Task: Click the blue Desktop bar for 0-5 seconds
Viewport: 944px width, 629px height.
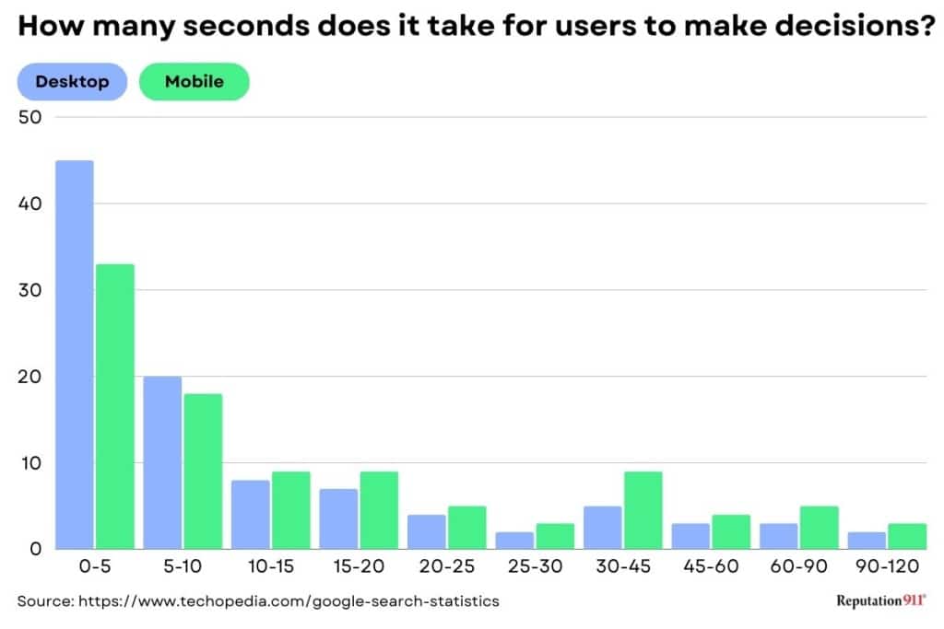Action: pyautogui.click(x=74, y=355)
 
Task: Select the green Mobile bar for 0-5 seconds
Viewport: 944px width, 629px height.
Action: pyautogui.click(x=114, y=406)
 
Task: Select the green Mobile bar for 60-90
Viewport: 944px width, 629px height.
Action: pyautogui.click(x=819, y=528)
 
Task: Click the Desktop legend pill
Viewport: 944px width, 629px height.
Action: pyautogui.click(x=72, y=82)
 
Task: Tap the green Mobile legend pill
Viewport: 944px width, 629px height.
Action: pyautogui.click(x=194, y=82)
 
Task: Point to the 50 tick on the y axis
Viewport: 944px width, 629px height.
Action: pyautogui.click(x=29, y=117)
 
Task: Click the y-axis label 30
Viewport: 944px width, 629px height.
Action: pyautogui.click(x=29, y=290)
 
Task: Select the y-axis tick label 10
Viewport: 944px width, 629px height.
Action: pyautogui.click(x=29, y=462)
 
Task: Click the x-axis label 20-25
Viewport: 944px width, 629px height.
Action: pyautogui.click(x=447, y=567)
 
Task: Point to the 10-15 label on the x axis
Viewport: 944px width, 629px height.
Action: pyautogui.click(x=270, y=567)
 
